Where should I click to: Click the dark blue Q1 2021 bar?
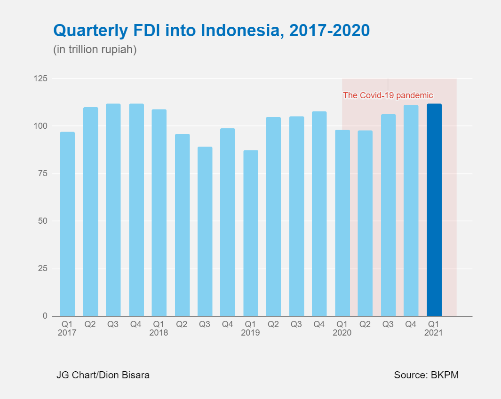434,210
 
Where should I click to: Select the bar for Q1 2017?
67,224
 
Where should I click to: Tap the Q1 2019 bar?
251,233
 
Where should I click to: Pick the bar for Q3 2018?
205,231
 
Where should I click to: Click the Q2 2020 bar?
365,223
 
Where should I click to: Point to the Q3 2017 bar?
113,210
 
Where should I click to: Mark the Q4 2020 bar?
411,211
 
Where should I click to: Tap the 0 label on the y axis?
45,316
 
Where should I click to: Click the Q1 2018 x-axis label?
159,328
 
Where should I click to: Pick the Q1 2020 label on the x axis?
342,328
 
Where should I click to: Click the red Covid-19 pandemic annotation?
388,95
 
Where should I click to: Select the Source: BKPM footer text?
426,375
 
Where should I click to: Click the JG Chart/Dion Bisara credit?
103,375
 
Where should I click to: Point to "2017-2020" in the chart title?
329,31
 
